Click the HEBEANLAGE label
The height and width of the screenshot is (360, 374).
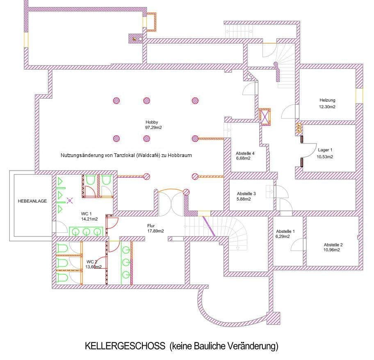coord(32,201)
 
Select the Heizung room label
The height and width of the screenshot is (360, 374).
coord(328,100)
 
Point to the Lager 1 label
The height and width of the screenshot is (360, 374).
coord(325,150)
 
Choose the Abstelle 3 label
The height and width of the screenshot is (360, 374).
coord(246,194)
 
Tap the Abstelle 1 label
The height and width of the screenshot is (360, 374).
coord(285,231)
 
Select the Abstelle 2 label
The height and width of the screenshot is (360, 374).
coord(333,244)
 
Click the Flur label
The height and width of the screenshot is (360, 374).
coord(151,226)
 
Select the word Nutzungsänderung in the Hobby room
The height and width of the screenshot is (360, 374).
coord(80,156)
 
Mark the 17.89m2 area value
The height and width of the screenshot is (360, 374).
coord(155,231)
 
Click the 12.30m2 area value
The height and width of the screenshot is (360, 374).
coord(328,107)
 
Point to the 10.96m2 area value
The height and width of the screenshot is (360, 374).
coord(333,250)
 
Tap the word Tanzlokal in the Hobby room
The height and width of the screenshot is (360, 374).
coord(121,156)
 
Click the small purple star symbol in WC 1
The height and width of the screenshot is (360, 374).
coord(69,201)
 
